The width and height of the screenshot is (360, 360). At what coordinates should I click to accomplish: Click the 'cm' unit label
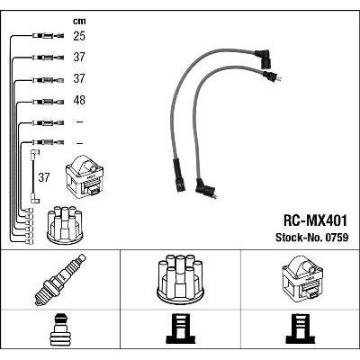click(79, 21)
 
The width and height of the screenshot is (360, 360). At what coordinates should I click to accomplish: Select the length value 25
click(79, 36)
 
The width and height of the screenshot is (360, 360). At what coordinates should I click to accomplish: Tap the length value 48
click(79, 100)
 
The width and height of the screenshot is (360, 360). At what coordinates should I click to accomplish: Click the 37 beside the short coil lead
click(44, 177)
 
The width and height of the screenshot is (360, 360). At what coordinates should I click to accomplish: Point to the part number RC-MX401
click(315, 220)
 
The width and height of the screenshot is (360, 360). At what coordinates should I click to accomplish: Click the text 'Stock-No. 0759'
click(312, 238)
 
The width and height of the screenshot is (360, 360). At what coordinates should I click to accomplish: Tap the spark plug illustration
click(60, 280)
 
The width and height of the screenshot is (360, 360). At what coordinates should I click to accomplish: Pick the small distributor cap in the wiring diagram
click(65, 224)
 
